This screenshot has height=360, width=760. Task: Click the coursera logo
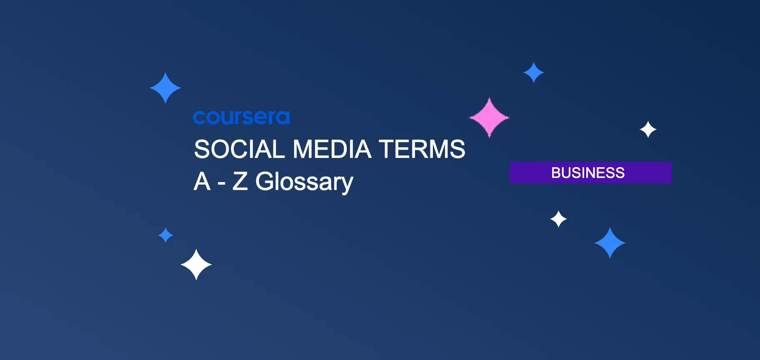241,117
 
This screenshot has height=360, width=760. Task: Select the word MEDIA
332,149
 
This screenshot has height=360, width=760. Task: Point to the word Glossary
304,182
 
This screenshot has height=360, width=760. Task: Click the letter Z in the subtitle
240,182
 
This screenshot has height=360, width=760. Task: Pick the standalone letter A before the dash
202,182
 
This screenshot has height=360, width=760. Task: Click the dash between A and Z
222,183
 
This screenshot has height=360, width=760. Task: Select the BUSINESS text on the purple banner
587,172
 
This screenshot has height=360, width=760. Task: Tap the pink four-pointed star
489,117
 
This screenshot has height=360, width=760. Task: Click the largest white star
196,265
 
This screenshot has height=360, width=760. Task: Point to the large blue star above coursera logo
165,88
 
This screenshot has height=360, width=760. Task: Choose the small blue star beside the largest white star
166,235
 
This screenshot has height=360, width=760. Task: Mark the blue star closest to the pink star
533,72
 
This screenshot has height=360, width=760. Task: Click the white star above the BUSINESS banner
648,130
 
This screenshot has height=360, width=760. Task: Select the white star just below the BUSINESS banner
558,219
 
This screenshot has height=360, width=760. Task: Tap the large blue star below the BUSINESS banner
610,243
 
